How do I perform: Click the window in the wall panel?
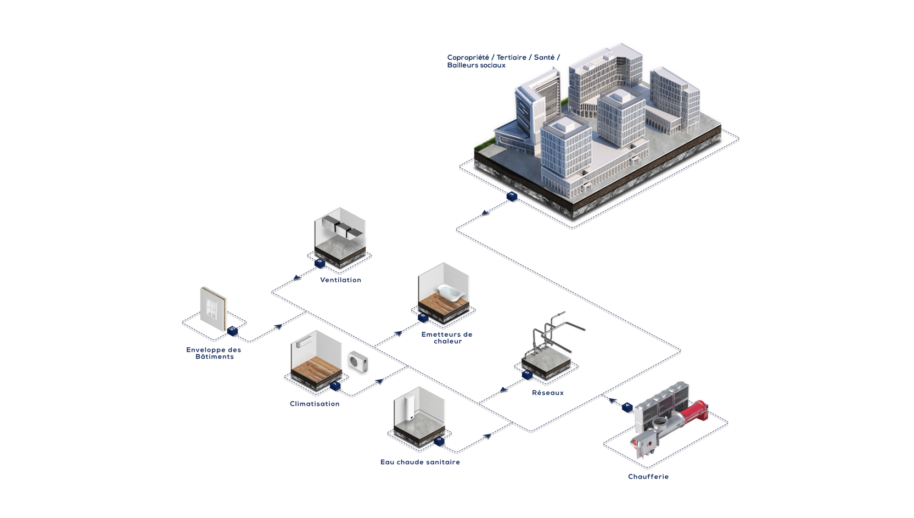click(x=211, y=310)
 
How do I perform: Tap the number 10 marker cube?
click(x=232, y=328)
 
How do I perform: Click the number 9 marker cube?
click(x=320, y=262)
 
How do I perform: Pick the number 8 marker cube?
click(x=423, y=316)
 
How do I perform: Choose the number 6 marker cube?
click(x=439, y=439)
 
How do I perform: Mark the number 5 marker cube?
click(x=527, y=373)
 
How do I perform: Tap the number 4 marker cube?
click(x=628, y=405)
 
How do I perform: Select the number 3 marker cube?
click(x=512, y=194)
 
